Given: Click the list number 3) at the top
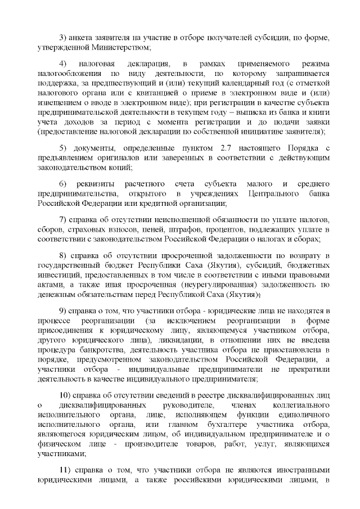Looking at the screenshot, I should [x=62, y=38].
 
